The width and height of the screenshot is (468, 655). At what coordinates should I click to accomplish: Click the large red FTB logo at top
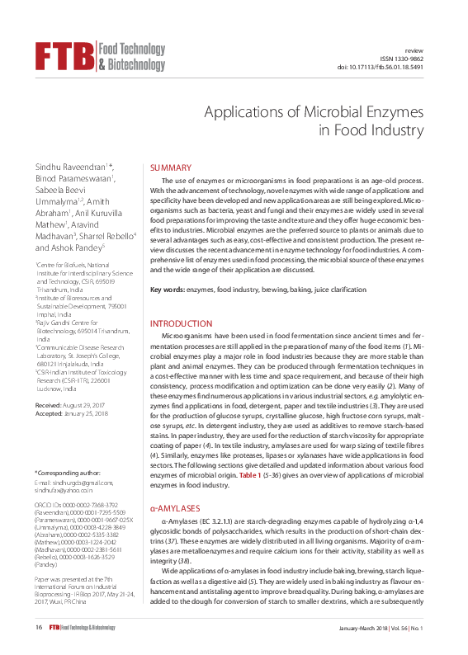pos(64,55)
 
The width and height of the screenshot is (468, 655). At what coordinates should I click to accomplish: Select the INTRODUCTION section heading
pos(181,324)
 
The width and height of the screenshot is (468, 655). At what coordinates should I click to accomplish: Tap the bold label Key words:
pos(167,290)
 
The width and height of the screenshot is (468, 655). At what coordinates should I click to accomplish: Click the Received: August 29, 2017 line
pos(72,408)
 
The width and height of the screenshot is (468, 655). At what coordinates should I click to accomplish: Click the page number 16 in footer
pos(39,629)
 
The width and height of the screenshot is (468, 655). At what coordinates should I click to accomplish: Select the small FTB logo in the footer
pos(59,629)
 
